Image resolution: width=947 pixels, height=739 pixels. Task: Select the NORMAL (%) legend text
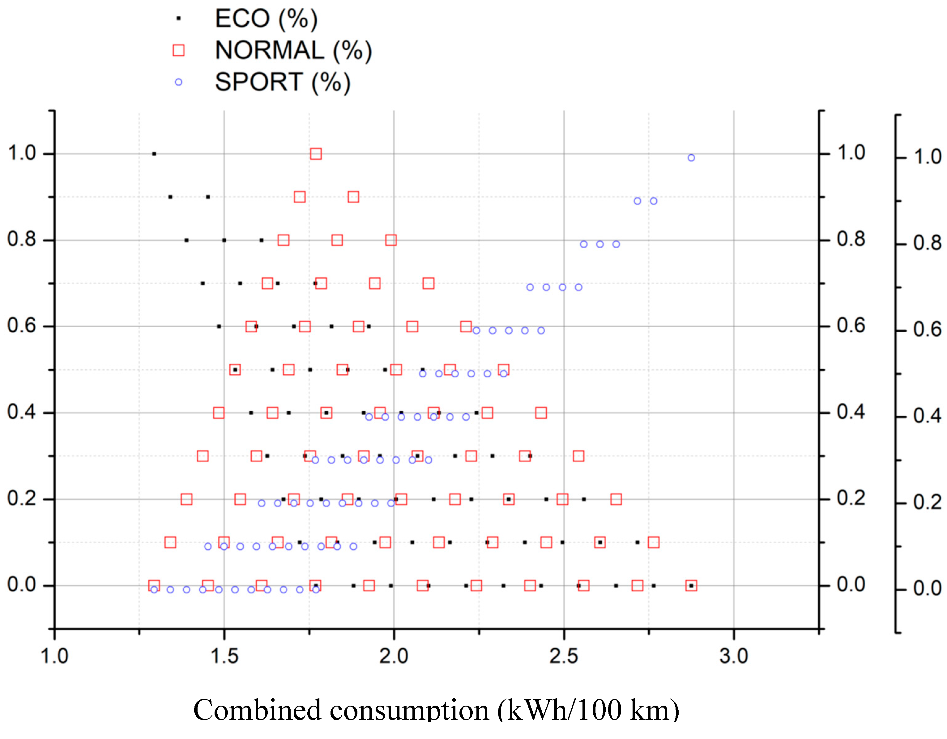click(x=293, y=51)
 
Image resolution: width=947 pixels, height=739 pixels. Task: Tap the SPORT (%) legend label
click(x=282, y=82)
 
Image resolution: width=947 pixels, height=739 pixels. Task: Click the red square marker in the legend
click(x=178, y=50)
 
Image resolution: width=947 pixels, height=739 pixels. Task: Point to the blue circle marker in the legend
click(x=178, y=82)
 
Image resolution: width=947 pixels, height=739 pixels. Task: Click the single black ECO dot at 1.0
click(x=154, y=154)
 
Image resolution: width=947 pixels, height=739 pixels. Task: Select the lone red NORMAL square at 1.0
click(x=316, y=154)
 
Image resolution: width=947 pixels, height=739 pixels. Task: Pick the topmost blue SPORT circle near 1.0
click(x=691, y=158)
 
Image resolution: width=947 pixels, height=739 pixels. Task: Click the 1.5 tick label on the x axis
click(x=224, y=656)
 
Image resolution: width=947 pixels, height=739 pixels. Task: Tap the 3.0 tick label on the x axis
click(x=734, y=656)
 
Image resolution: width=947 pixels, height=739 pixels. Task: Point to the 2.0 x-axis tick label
click(x=394, y=656)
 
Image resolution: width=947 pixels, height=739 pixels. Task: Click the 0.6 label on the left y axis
click(x=22, y=326)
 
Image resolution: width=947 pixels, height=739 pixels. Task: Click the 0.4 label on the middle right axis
click(x=851, y=412)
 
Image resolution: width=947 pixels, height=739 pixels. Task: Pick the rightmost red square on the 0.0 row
click(x=691, y=586)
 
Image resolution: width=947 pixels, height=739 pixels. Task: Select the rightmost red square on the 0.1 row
click(x=654, y=542)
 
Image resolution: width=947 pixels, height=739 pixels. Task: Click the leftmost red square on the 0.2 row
click(x=186, y=499)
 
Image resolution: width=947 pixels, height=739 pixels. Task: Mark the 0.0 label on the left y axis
click(x=22, y=585)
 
